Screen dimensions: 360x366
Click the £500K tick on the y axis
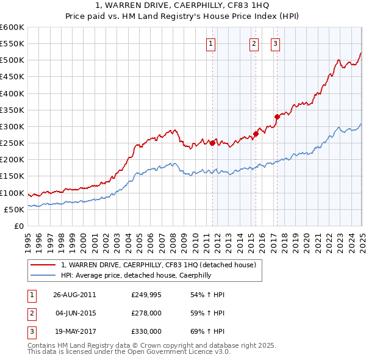pos(12,60)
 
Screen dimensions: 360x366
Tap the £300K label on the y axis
pos(12,126)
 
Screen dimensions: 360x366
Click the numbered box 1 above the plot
pos(210,43)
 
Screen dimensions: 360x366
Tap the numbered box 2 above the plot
pos(254,43)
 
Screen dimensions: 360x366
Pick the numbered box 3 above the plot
pos(276,43)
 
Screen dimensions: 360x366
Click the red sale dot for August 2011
pos(213,143)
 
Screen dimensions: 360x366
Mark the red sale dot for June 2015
pos(256,134)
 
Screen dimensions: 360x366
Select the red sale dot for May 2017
pos(277,117)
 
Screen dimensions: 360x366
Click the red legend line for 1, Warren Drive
pos(44,265)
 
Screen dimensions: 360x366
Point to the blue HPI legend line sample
pos(44,275)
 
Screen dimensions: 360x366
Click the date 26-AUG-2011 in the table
pos(74,295)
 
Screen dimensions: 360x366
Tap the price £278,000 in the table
pos(146,313)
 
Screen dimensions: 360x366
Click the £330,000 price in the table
pos(146,331)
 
